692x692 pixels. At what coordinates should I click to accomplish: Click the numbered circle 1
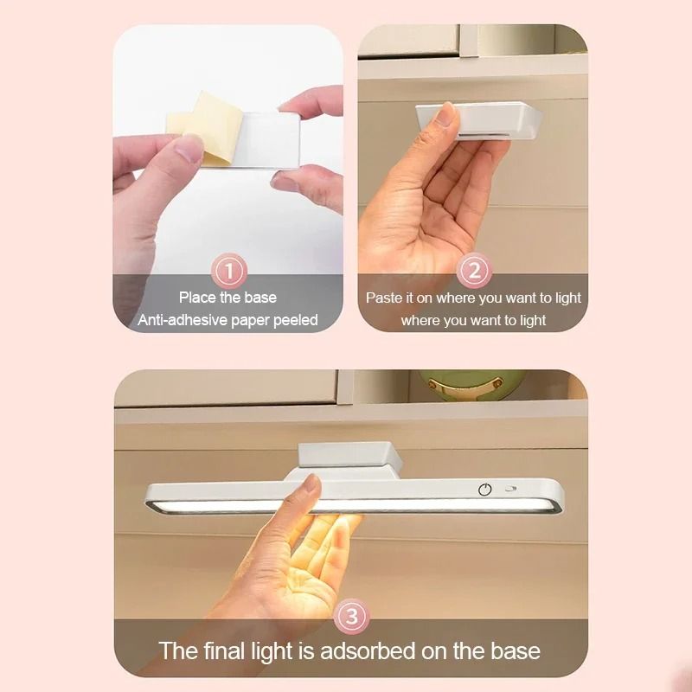pos(229,272)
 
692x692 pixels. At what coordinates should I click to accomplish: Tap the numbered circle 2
pos(473,272)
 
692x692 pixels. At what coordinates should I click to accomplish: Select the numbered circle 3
pos(351,618)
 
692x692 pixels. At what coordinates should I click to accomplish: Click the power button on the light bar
pos(485,490)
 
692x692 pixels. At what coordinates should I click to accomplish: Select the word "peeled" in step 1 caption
pos(295,320)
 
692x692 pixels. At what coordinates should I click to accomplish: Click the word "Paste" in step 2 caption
pos(384,298)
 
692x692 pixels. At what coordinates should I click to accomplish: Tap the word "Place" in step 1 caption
pos(198,298)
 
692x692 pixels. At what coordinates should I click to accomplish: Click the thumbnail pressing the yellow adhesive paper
pos(189,148)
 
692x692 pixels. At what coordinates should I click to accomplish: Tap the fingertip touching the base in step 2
pos(446,114)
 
